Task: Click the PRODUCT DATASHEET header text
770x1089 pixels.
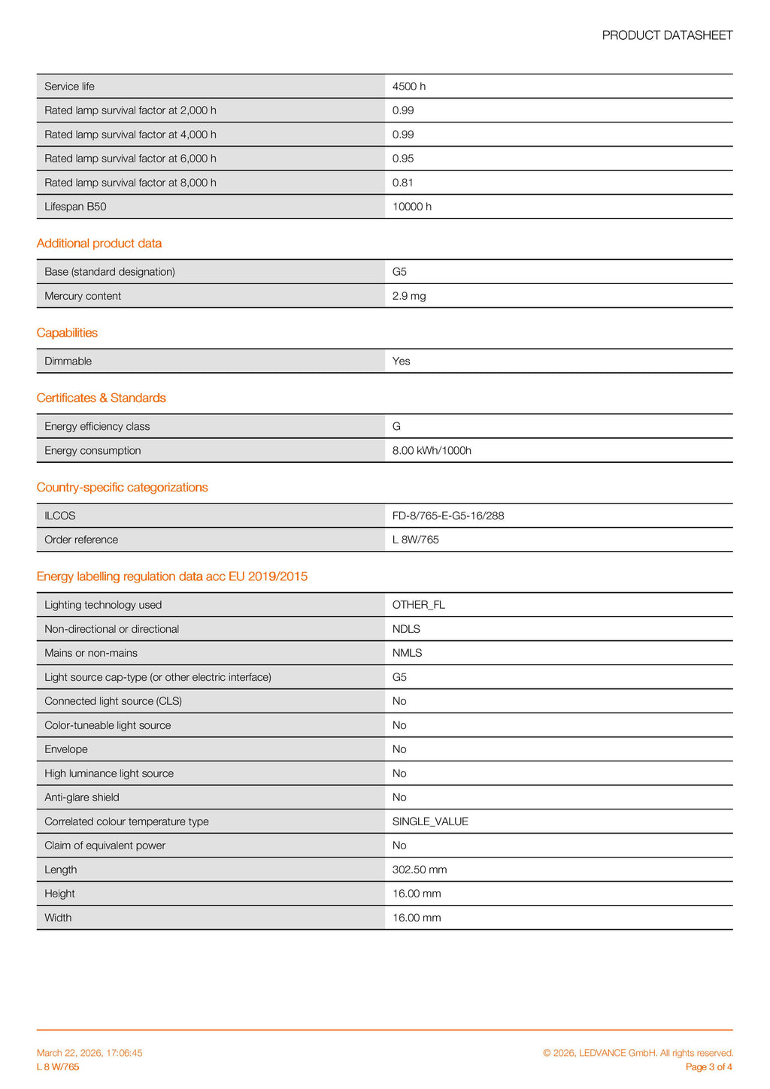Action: point(667,35)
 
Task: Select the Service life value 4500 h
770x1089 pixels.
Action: point(409,86)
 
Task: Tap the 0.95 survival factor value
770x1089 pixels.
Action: point(403,159)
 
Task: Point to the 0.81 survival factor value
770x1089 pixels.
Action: point(403,183)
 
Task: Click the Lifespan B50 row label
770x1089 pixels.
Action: point(75,207)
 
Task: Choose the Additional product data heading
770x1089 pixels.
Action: point(99,244)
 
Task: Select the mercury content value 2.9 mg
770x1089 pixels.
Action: point(409,296)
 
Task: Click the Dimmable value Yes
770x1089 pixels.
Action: point(402,361)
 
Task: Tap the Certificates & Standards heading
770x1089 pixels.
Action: point(102,398)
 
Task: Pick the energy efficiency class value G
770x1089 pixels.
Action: point(396,427)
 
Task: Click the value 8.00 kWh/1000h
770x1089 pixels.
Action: point(432,451)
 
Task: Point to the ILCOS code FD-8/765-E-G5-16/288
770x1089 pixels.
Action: point(448,516)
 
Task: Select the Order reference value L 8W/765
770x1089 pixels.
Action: point(416,540)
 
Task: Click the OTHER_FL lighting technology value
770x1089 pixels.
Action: point(419,605)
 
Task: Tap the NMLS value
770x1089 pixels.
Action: point(408,653)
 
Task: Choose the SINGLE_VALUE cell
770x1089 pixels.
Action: point(430,821)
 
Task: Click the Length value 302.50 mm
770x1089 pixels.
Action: point(420,870)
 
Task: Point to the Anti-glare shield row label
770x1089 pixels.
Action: point(82,797)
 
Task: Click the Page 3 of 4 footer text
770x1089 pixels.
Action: point(709,1067)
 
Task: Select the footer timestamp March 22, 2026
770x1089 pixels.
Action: point(89,1053)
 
